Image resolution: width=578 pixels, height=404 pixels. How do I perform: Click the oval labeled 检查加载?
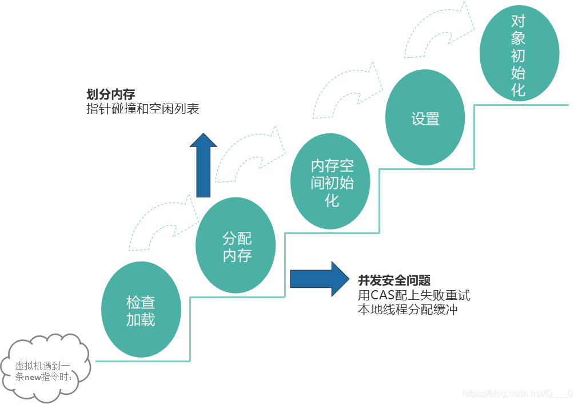(x=141, y=310)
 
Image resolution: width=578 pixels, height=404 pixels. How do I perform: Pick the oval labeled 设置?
(x=425, y=118)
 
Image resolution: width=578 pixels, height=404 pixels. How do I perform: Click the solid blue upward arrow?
(x=204, y=166)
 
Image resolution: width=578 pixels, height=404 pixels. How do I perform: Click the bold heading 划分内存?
(x=110, y=94)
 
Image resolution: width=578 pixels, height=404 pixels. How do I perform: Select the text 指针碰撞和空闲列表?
(x=142, y=109)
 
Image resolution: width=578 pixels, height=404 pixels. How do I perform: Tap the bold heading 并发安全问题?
(x=394, y=280)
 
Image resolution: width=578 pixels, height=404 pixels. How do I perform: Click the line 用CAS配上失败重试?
(x=413, y=295)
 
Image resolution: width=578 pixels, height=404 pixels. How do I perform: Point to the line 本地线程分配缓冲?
(x=407, y=310)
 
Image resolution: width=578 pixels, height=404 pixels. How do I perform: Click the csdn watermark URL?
(x=517, y=394)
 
